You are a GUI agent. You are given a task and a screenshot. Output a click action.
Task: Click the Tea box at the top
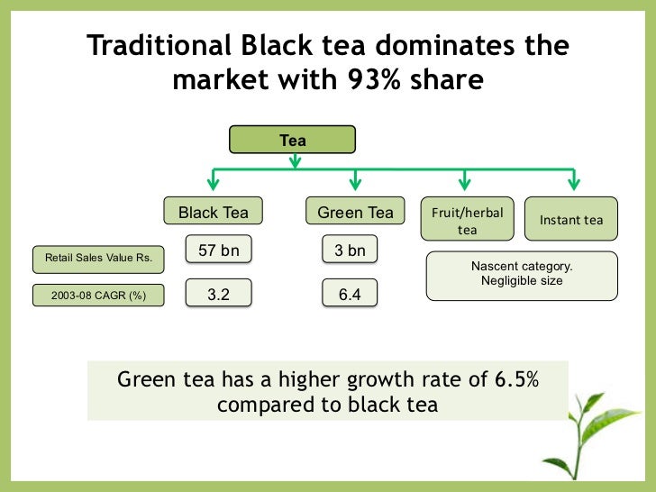[x=293, y=141]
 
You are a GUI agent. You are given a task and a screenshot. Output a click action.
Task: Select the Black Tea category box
[x=213, y=213]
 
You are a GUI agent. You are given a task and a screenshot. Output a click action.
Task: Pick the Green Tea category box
[x=355, y=213]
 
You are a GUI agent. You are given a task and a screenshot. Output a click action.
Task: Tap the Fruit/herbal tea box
[x=468, y=219]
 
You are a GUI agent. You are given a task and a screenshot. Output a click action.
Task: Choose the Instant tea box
[x=570, y=220]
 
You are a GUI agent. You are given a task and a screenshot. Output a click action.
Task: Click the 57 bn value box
[x=218, y=251]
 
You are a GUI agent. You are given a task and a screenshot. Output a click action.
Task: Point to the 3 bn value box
[x=350, y=251]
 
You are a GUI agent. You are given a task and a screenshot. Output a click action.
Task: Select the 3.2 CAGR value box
[x=218, y=294]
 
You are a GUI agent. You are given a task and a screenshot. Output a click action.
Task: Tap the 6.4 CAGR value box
[x=350, y=294]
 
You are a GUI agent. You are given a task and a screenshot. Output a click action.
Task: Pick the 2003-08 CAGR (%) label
[x=98, y=295]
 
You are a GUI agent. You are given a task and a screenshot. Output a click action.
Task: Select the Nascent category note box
[x=522, y=275]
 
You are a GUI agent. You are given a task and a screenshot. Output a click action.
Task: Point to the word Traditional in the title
[x=161, y=46]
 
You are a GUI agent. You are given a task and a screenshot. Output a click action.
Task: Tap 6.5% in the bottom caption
[x=516, y=379]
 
